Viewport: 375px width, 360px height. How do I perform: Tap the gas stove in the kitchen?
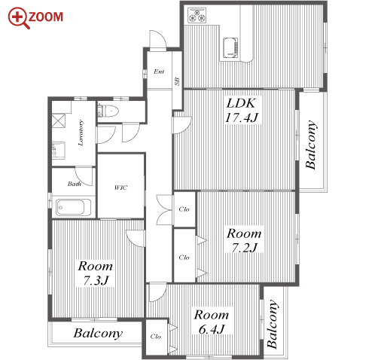197,15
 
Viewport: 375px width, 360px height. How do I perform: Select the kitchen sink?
230,48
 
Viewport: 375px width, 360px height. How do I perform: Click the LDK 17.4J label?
242,111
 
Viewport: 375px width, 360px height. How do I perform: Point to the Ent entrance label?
159,72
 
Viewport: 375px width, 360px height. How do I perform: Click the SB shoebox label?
177,81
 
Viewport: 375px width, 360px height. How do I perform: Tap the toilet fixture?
108,111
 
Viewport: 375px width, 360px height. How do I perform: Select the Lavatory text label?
81,133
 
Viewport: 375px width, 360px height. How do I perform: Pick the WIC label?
120,188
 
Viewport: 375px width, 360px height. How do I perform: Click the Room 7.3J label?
96,273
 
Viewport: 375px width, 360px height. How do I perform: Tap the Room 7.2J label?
244,240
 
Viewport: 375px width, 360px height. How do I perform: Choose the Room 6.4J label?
212,322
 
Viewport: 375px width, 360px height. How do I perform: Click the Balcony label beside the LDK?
311,145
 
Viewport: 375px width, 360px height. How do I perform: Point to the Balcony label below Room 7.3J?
98,334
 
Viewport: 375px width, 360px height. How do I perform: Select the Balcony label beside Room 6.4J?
273,324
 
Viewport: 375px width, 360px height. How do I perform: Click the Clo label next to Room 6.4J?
156,337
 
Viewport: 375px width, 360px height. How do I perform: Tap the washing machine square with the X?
58,121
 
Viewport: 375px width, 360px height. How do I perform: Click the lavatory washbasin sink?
59,150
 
